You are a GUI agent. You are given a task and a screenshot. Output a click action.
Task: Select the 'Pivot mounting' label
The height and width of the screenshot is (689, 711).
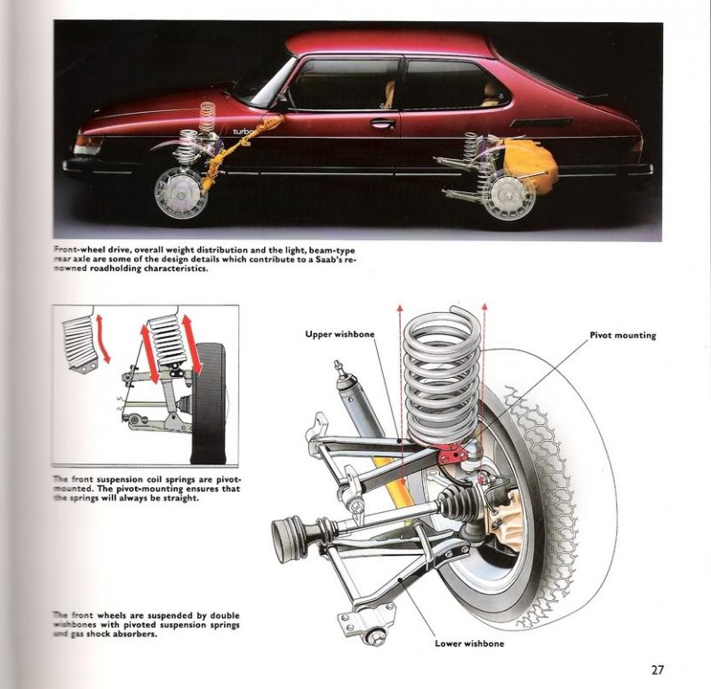622,335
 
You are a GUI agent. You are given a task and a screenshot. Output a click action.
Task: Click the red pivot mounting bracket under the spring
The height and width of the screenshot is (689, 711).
455,453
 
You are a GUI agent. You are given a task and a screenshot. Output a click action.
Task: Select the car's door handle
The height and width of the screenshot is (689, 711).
382,123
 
